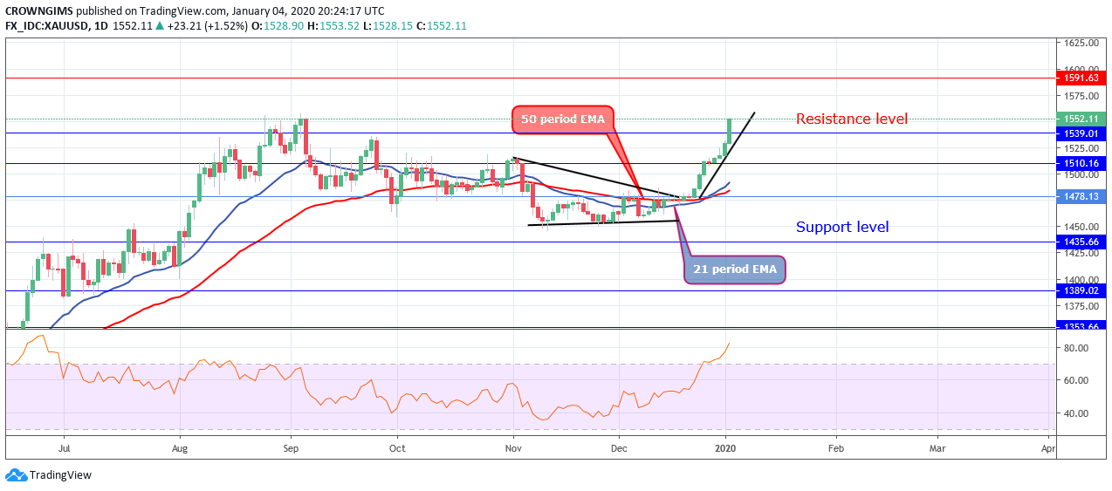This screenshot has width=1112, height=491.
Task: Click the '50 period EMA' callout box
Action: point(563,119)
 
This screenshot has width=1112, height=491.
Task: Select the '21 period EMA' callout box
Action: point(735,269)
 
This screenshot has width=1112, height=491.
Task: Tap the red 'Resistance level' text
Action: point(851,119)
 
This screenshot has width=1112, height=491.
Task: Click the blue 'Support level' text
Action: point(841,227)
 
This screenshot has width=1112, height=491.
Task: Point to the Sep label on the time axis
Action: point(292,447)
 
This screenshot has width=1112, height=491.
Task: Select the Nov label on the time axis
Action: point(513,447)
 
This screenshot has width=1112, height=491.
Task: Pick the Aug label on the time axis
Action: point(179,447)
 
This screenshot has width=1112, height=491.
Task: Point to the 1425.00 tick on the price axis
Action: point(1080,254)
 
